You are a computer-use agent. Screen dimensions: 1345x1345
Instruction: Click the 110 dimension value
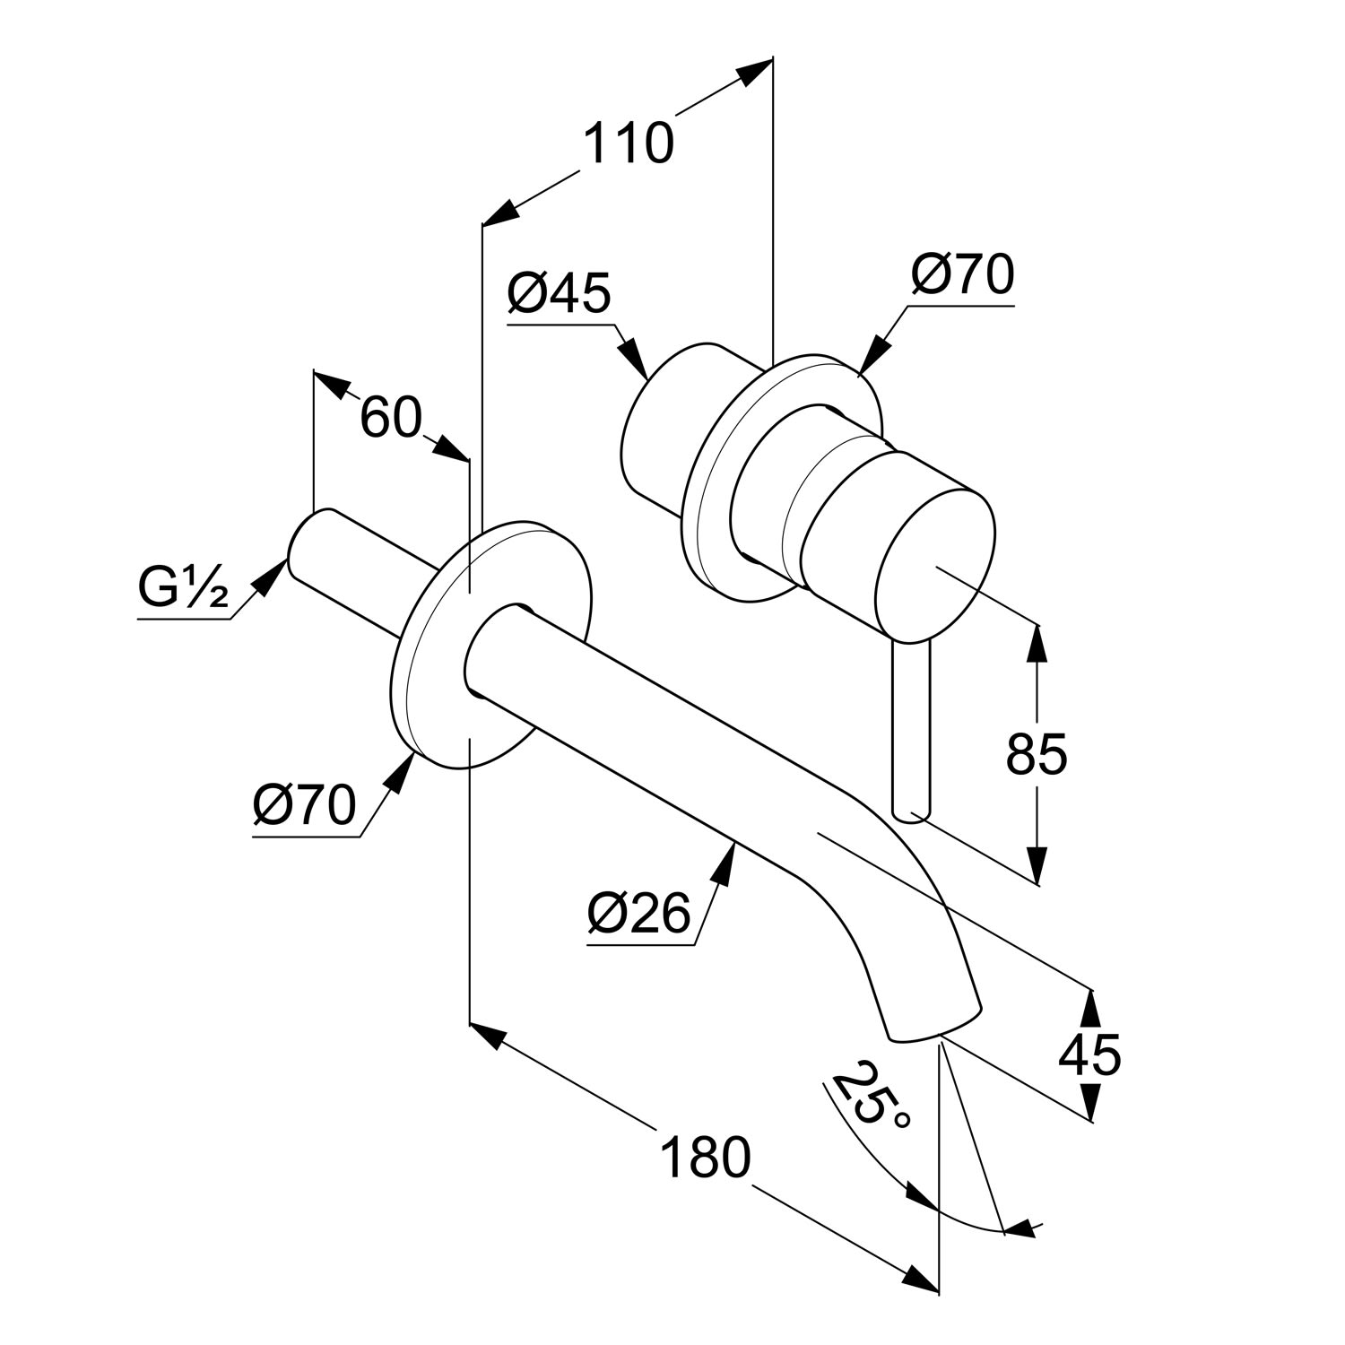click(628, 143)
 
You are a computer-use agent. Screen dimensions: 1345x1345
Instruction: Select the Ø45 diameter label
click(558, 293)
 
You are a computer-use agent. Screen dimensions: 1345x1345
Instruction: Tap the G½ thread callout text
click(183, 589)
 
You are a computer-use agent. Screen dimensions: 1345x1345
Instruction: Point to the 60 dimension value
click(390, 418)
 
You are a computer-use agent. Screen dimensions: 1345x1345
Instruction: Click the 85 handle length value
click(1037, 754)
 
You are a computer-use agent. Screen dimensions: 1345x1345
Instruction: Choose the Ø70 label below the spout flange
click(304, 805)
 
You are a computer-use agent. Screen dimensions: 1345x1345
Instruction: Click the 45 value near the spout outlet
click(1089, 1054)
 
